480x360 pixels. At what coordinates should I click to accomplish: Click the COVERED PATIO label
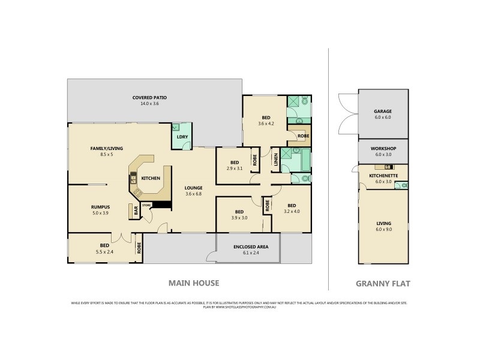pos(150,97)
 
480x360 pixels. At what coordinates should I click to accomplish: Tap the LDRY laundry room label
pos(182,137)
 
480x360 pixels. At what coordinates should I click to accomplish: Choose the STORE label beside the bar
pos(146,205)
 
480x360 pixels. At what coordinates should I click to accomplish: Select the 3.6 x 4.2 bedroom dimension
pos(265,124)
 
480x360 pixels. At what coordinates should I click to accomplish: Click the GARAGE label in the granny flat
pos(382,112)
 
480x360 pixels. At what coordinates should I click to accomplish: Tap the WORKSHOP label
pos(382,148)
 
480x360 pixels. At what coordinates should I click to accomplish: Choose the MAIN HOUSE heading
pos(193,283)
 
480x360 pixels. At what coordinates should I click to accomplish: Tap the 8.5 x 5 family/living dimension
pos(101,154)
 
